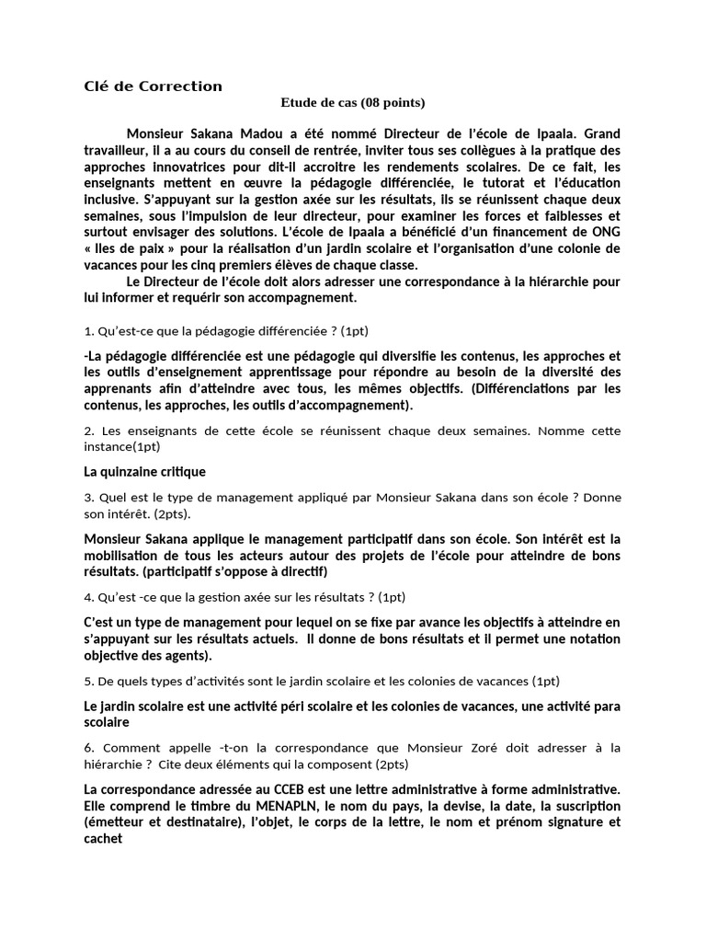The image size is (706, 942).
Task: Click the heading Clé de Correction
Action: (x=153, y=86)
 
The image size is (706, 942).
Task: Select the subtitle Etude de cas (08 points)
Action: (x=353, y=103)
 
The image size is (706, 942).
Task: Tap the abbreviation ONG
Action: (x=604, y=233)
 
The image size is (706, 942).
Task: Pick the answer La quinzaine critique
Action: (x=144, y=471)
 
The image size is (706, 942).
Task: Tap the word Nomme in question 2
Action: (x=568, y=431)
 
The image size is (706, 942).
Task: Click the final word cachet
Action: (x=102, y=839)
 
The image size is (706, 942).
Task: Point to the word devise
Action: (x=408, y=806)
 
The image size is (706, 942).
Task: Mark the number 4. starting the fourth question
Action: (x=89, y=596)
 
